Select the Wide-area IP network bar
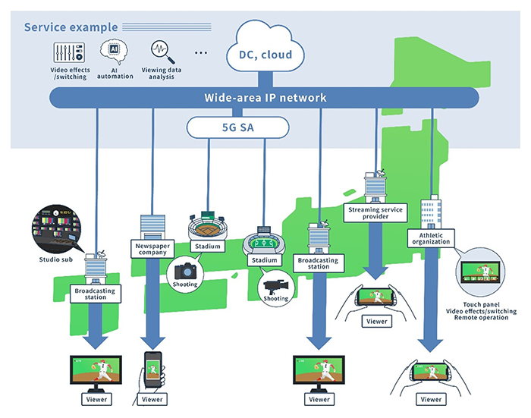[265, 98]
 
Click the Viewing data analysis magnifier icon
[160, 51]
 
